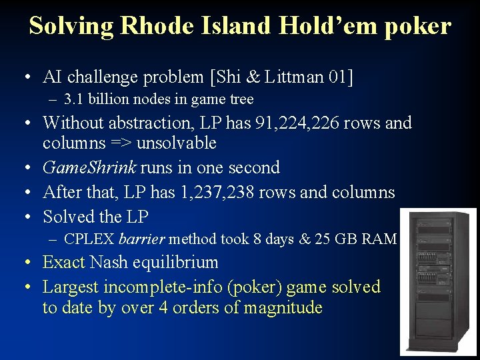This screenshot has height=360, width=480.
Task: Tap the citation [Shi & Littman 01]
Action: point(281,77)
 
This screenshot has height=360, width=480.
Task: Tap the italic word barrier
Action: point(142,239)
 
